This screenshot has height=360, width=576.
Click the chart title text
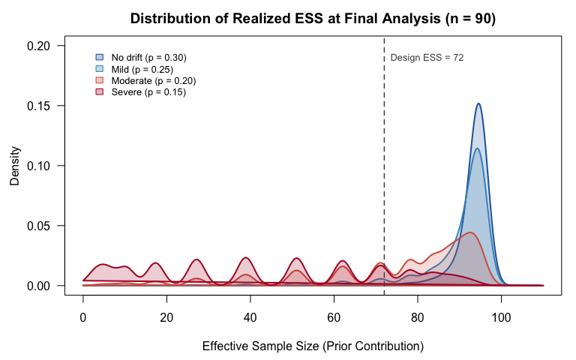[313, 19]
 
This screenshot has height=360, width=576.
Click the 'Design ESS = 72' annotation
[427, 58]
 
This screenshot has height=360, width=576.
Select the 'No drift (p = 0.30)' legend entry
[148, 57]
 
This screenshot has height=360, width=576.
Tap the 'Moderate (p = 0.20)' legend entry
[153, 80]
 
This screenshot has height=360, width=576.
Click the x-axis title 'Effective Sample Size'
[313, 346]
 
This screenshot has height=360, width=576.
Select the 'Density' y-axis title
[14, 166]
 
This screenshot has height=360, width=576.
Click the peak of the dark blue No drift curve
[478, 103]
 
